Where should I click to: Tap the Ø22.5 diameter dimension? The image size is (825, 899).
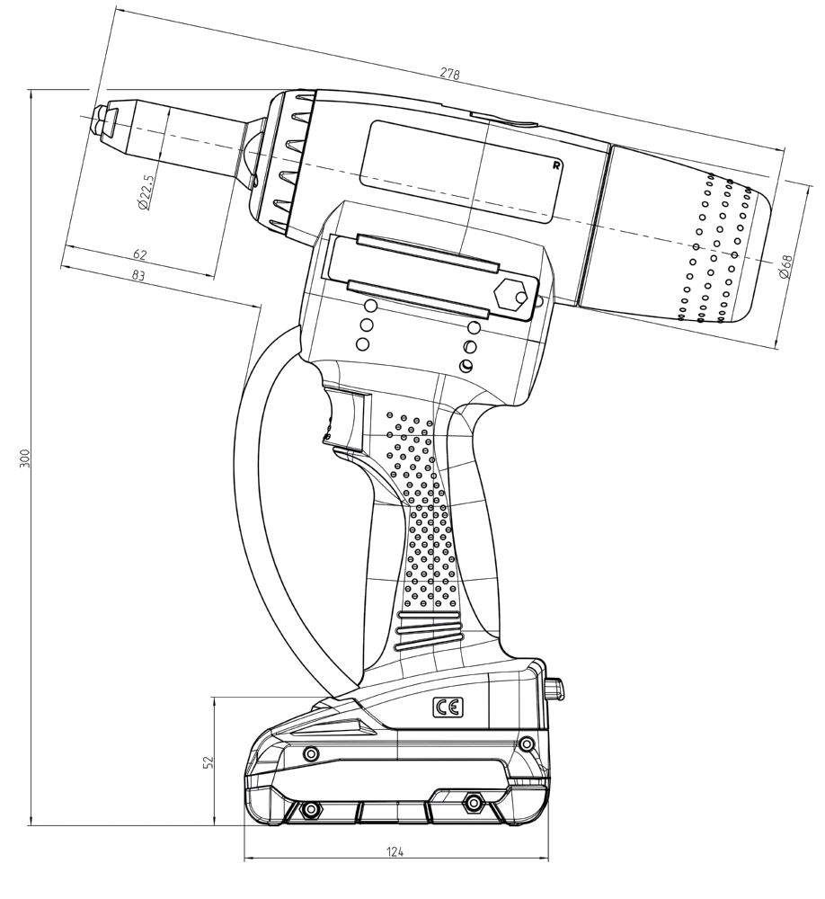[x=146, y=191]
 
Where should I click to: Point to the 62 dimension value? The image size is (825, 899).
[x=139, y=255]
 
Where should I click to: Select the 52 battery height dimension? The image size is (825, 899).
[x=208, y=761]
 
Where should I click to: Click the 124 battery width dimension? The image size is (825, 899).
[x=395, y=851]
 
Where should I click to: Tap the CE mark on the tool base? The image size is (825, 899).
[x=448, y=708]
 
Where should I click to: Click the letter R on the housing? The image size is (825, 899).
[x=557, y=165]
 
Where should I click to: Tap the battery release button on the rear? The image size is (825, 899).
[x=555, y=689]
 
